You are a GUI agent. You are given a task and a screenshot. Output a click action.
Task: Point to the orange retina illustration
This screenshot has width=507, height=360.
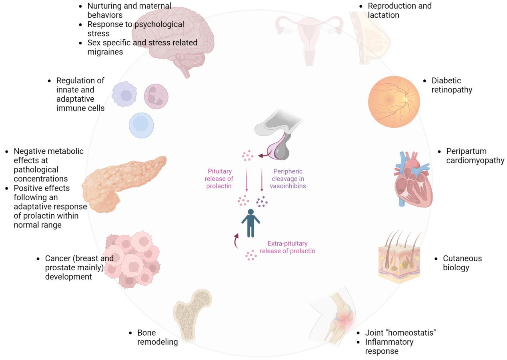394,102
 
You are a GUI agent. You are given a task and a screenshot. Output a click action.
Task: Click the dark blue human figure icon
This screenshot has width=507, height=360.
250,223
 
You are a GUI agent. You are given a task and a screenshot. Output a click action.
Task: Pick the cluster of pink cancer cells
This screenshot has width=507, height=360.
132,259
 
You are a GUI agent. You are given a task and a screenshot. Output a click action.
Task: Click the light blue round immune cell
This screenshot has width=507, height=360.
141,125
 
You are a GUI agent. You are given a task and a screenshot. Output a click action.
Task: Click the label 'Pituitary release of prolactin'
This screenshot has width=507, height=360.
219,179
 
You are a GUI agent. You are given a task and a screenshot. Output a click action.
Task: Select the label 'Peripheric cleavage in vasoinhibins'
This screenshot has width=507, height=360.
288,179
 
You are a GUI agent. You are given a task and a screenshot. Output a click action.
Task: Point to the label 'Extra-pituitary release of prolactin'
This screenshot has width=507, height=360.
287,247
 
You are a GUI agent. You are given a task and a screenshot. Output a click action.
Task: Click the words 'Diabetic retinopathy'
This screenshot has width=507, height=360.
452,85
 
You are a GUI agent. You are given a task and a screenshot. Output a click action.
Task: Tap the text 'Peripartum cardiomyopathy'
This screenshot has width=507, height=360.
475,156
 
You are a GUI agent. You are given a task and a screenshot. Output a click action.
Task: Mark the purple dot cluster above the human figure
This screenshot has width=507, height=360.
262,201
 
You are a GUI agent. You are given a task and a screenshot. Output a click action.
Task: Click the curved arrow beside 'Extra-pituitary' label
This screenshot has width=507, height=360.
236,241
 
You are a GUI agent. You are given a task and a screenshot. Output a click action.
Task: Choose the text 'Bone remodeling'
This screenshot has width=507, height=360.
158,337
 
